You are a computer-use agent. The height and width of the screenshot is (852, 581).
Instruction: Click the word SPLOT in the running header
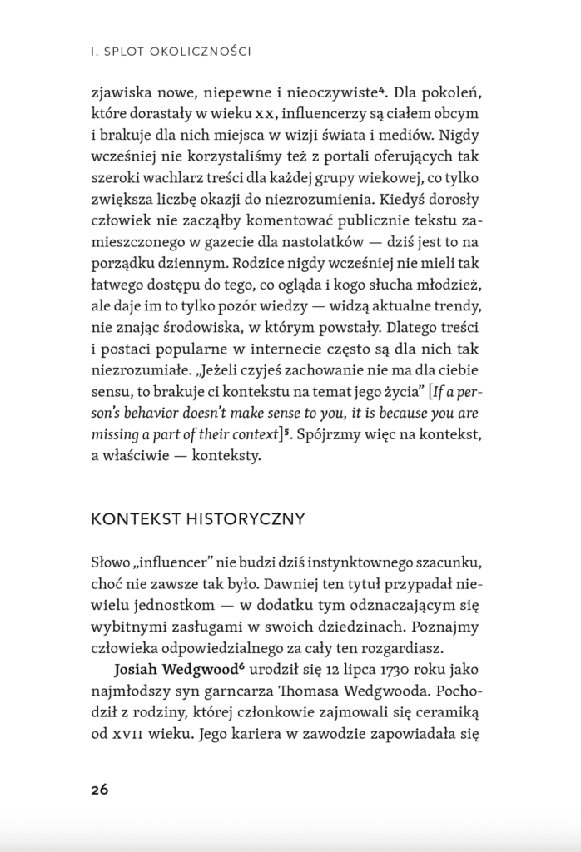[x=127, y=52]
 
